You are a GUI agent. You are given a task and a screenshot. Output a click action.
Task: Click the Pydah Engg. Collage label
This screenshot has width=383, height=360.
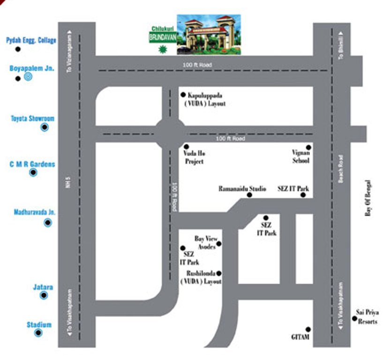[31, 41]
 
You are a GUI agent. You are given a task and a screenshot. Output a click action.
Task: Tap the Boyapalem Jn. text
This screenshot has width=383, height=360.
[32, 68]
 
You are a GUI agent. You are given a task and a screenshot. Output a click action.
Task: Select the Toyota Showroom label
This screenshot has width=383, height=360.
[32, 119]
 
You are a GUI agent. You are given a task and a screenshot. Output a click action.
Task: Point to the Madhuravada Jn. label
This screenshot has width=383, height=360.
[34, 212]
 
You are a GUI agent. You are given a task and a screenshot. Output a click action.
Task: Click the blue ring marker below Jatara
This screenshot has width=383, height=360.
[44, 295]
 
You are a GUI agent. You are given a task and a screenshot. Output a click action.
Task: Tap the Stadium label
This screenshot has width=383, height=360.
[39, 324]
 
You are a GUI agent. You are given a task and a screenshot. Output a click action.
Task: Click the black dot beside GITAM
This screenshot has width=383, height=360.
[308, 329]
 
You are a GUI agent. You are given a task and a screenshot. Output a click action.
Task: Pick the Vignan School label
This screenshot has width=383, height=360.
[301, 157]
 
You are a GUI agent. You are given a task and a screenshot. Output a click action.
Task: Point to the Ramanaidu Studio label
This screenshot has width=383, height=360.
[242, 189]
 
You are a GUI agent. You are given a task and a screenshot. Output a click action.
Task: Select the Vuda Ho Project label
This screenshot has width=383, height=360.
[194, 157]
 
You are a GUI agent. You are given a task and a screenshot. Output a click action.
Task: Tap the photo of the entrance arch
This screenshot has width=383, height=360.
[209, 34]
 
